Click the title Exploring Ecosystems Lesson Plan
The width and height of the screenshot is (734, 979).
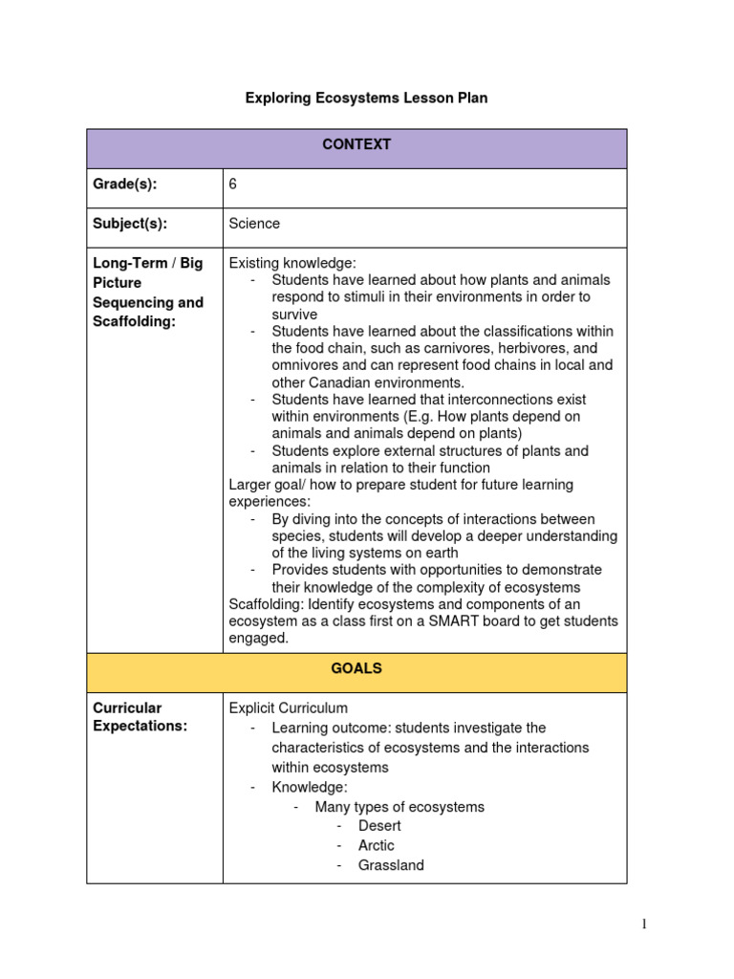(x=366, y=98)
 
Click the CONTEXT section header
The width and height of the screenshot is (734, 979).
(x=356, y=145)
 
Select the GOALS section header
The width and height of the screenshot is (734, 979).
(x=356, y=669)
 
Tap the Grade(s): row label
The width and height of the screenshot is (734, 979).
(x=125, y=185)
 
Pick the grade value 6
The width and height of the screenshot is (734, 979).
(x=233, y=185)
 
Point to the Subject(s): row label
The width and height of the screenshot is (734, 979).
(x=130, y=224)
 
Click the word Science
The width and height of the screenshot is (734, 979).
(x=254, y=224)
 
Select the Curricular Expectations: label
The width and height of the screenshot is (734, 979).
(x=140, y=717)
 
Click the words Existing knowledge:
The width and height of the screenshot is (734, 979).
(x=292, y=263)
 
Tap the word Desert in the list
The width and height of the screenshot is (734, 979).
(x=379, y=826)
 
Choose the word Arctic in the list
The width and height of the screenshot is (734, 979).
(x=376, y=846)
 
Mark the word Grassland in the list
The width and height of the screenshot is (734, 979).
(x=391, y=866)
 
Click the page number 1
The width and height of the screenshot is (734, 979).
(x=644, y=924)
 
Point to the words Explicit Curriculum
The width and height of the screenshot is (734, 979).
(x=289, y=708)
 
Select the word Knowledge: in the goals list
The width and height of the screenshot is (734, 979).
(x=310, y=787)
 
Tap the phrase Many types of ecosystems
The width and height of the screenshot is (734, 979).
(x=399, y=807)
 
